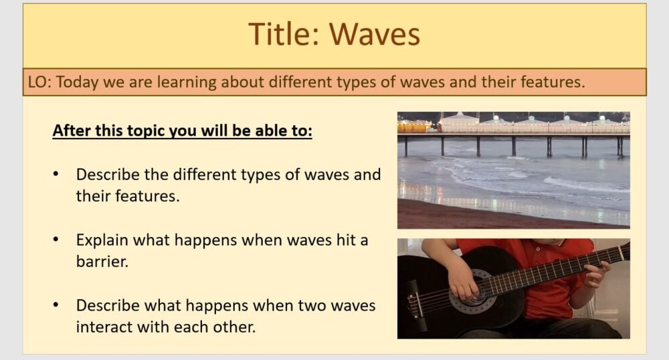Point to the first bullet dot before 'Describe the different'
57,174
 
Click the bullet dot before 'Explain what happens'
57,240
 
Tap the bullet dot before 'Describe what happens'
57,305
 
